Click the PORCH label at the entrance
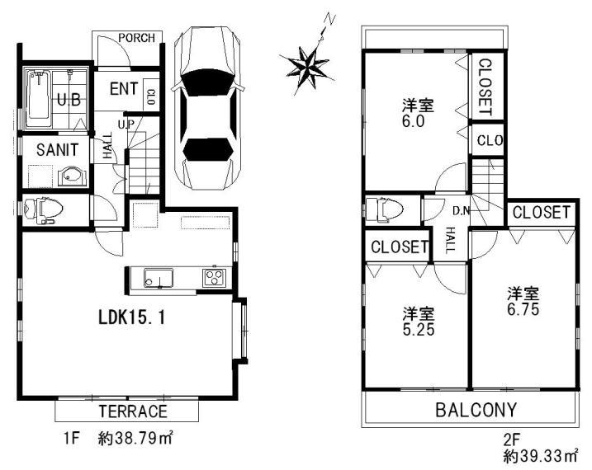click(134, 38)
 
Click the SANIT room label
click(56, 150)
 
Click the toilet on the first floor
click(44, 210)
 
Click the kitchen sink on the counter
click(157, 278)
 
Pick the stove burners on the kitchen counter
click(215, 277)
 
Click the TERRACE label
click(133, 411)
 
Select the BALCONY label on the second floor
click(476, 409)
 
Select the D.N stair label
click(461, 211)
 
